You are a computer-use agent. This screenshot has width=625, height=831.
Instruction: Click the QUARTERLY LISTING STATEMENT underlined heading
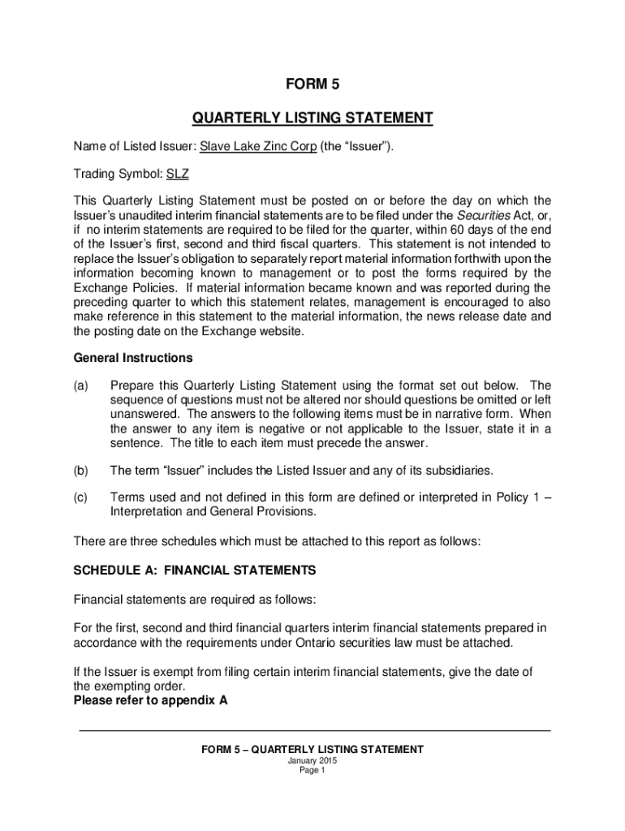point(312,118)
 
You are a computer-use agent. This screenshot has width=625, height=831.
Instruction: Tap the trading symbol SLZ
point(178,173)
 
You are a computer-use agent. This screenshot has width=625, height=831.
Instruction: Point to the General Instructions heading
point(133,358)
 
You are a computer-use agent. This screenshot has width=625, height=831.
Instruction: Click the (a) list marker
point(81,385)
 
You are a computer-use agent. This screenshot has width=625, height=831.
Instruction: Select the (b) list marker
point(81,470)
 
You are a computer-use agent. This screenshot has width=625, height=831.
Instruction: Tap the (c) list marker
point(81,497)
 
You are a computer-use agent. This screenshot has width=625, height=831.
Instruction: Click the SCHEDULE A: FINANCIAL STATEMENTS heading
point(194,571)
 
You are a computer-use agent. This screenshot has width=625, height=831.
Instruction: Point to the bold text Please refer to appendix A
point(150,700)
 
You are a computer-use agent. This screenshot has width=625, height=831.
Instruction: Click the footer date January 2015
point(312,761)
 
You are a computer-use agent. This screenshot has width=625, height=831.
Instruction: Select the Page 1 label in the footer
point(312,771)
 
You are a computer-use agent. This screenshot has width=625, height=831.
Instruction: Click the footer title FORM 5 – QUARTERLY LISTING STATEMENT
point(312,750)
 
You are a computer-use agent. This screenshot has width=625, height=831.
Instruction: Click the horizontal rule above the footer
point(315,731)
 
